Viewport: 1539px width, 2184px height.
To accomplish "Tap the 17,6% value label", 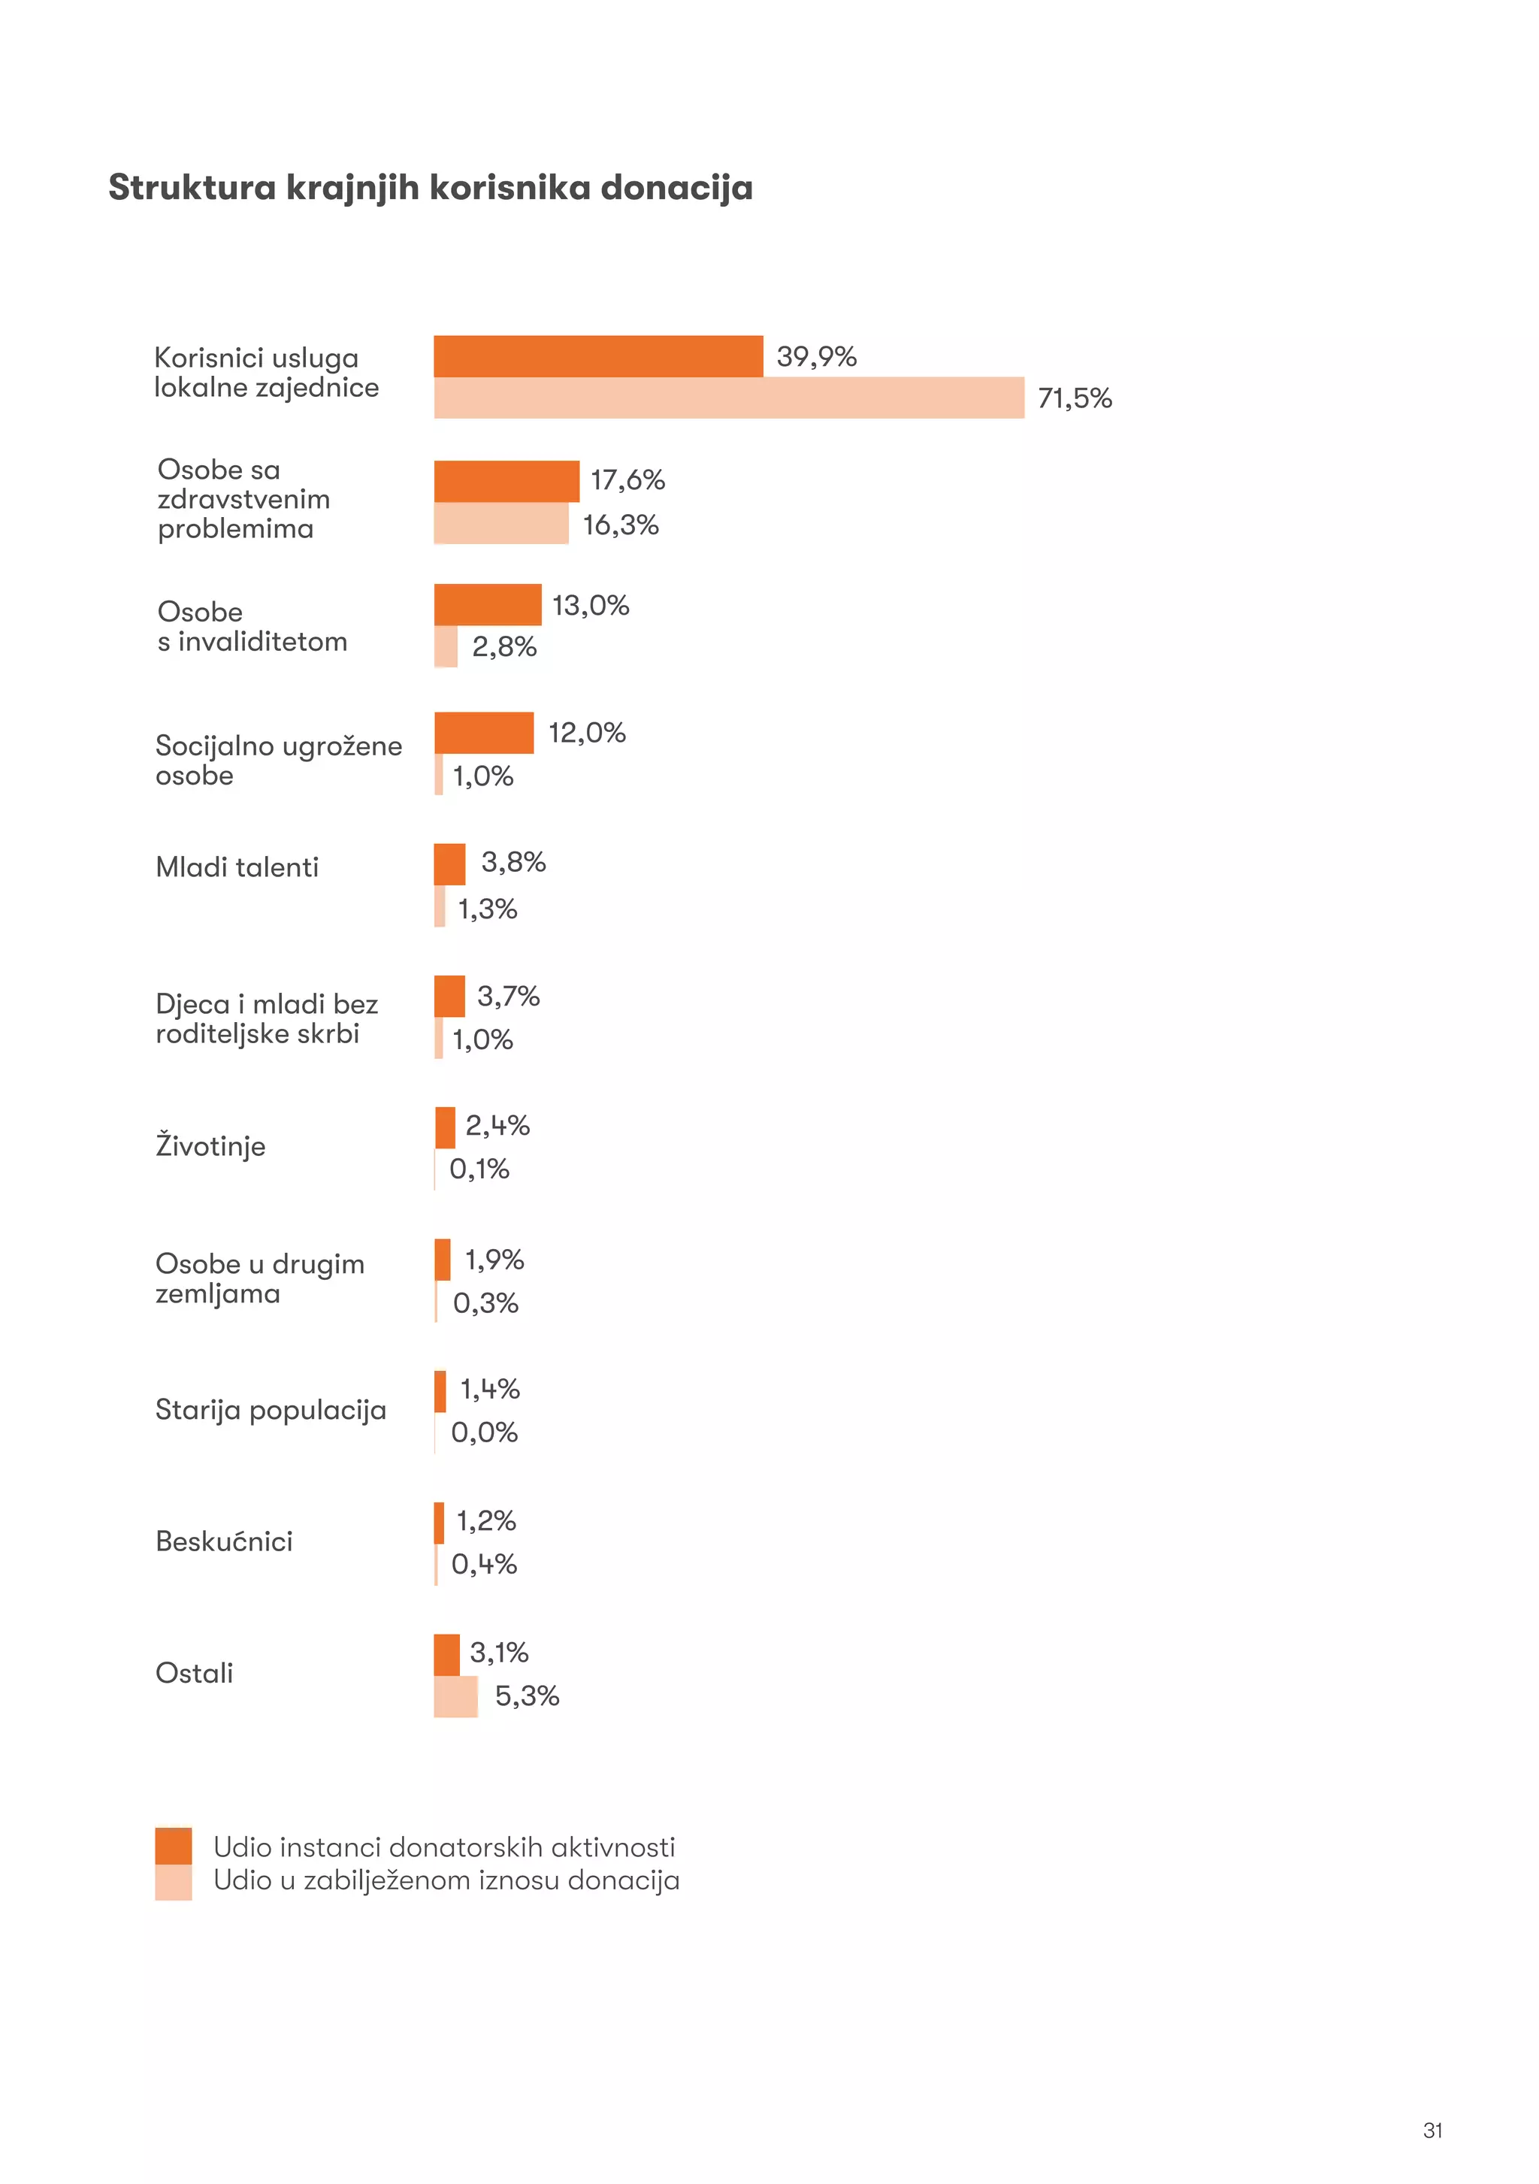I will tap(627, 479).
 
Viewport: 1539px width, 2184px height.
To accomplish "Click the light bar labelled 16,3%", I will tap(500, 523).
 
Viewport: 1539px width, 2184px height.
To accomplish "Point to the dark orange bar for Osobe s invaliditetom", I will tap(487, 604).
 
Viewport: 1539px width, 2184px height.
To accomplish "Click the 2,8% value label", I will tap(504, 647).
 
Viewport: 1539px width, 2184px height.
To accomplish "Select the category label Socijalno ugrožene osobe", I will tap(278, 760).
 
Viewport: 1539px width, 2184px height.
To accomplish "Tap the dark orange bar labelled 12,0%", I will tap(483, 733).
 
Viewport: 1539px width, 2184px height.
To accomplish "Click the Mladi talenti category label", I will tap(237, 867).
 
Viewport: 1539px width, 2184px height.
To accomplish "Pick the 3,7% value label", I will tap(508, 996).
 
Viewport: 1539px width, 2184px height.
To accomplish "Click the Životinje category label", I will tap(210, 1145).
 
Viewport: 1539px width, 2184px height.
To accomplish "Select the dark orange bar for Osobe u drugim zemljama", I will tap(443, 1260).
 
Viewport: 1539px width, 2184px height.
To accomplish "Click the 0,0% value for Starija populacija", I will tap(483, 1432).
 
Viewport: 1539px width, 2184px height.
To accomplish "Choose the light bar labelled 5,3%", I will tap(455, 1696).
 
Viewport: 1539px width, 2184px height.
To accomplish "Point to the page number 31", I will tap(1432, 2130).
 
